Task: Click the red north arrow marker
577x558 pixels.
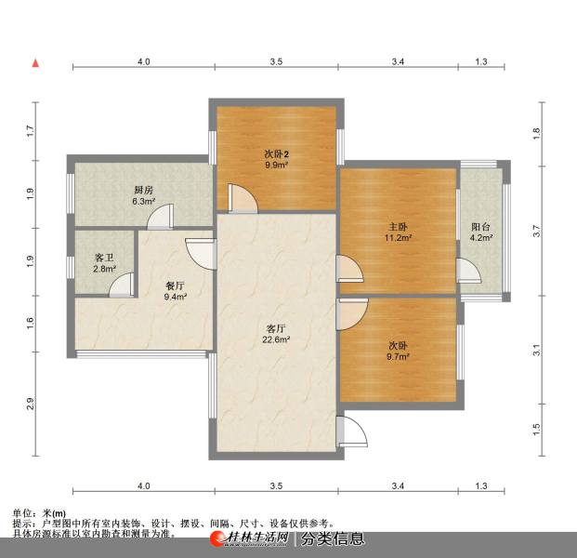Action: pos(35,63)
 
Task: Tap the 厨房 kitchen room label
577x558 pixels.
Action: pos(143,190)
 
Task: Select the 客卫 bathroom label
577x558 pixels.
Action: pos(104,258)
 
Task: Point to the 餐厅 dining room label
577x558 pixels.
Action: pos(176,286)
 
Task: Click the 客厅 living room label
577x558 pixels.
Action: pos(276,328)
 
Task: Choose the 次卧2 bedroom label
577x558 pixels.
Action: pos(276,154)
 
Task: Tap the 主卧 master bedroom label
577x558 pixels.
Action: pos(398,227)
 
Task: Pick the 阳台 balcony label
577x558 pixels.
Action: pos(481,227)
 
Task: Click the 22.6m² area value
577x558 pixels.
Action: pos(276,339)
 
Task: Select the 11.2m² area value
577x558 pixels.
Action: pos(398,237)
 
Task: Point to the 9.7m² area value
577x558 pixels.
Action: pos(398,356)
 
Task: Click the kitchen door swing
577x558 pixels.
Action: pos(161,217)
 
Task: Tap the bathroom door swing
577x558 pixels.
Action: pos(122,285)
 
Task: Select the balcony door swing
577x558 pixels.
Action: pos(469,271)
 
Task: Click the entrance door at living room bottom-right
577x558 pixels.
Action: pos(352,432)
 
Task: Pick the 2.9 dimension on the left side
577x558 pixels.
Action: pos(30,404)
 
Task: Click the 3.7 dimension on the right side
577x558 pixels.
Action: pos(537,231)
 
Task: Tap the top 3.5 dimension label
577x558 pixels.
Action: pos(276,61)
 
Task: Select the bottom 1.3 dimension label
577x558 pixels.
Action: pos(481,485)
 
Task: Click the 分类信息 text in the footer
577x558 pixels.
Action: pos(333,539)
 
